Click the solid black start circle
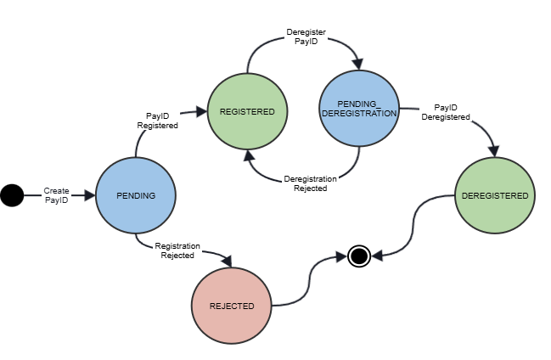coord(12,196)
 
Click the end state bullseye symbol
coord(359,255)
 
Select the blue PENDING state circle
coord(136,196)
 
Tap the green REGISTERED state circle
coord(247,111)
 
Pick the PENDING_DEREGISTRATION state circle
coord(358,108)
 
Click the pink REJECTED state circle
coord(233,306)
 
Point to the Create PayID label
coord(57,196)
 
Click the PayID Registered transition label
coord(158,120)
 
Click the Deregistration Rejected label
coord(310,183)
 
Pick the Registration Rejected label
coord(177,250)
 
